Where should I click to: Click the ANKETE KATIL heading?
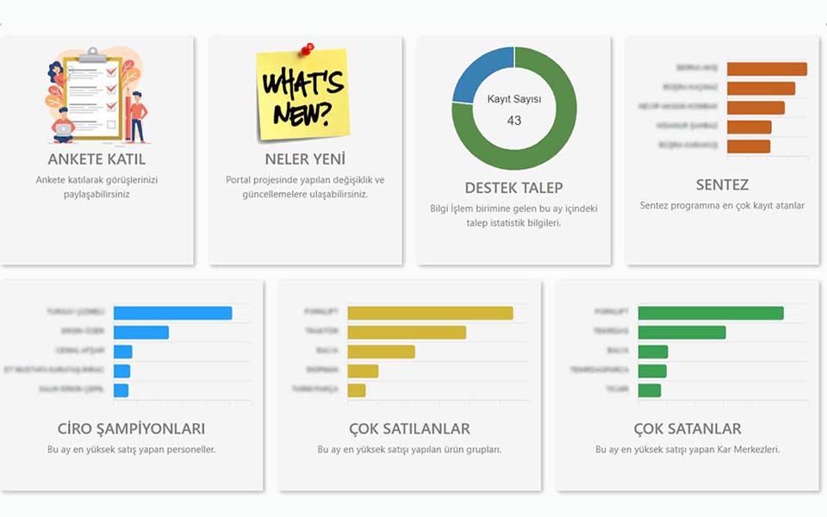click(96, 159)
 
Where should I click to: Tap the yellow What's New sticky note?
click(303, 97)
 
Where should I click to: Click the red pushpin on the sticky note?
click(307, 49)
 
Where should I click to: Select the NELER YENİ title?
click(305, 159)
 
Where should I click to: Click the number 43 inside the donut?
click(514, 121)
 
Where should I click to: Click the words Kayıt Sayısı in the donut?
click(514, 99)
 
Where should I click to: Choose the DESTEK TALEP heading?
click(514, 188)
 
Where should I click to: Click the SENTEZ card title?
click(722, 185)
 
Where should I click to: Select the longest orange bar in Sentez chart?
click(767, 69)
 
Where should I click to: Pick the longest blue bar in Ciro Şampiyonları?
click(172, 313)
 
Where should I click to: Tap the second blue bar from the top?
click(140, 333)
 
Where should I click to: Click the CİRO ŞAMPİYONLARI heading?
click(132, 429)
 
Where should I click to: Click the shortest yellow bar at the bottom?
click(357, 390)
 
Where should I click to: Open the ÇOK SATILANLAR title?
click(409, 429)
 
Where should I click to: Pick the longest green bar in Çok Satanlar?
click(711, 313)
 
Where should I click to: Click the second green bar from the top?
click(681, 333)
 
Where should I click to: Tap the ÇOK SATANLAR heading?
click(687, 429)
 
